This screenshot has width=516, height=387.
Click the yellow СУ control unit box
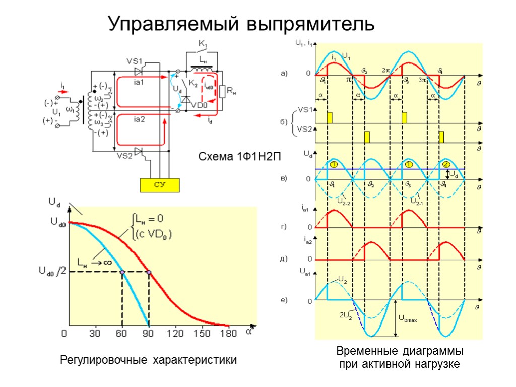coord(160,185)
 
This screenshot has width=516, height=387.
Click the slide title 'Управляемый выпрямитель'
coord(242,24)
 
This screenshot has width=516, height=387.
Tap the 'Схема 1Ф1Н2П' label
coord(238,157)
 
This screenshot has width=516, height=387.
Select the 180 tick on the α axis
coord(229,333)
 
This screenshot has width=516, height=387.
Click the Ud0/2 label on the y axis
coord(52,272)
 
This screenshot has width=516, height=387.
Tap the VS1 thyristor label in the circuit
coord(135,60)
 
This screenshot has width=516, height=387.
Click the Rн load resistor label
coord(232,91)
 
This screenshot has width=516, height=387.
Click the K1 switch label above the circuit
coord(203,44)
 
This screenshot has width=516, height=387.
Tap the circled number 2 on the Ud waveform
coord(446,164)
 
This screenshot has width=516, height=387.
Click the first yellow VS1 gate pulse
coord(330,118)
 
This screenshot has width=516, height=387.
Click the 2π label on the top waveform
coord(386,71)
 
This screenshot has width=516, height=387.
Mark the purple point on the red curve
coord(149,272)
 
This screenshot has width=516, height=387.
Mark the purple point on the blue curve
coord(122,272)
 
